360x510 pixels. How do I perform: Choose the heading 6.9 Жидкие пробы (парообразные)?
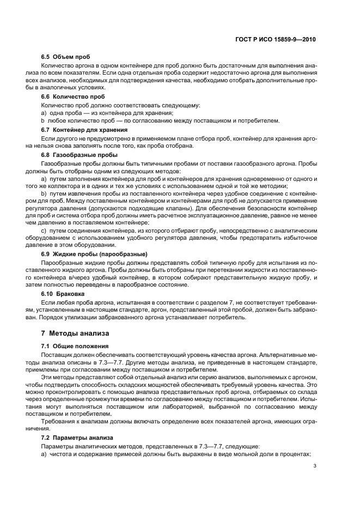coord(94,254)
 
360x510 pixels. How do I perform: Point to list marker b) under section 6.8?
coord(44,193)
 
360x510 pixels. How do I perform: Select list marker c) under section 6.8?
coord(44,231)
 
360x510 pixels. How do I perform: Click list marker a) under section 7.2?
coord(44,454)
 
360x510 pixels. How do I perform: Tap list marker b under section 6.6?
coord(43,120)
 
